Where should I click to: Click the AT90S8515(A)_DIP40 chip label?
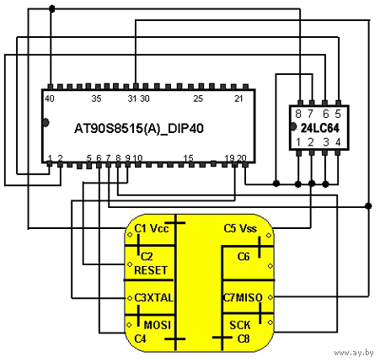coord(139,129)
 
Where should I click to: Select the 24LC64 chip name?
coord(320,128)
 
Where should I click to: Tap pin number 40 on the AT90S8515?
coord(50,98)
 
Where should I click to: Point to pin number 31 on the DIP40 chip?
coord(132,98)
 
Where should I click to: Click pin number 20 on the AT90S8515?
coord(242,158)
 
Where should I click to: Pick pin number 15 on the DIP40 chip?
coord(189,158)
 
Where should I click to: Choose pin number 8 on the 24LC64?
coord(298,114)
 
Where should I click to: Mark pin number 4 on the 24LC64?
coord(338,142)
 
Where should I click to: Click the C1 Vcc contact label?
coord(152,229)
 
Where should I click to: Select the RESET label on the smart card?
coord(151,270)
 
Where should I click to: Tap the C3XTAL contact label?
coord(153,298)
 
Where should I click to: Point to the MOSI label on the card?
coord(158,325)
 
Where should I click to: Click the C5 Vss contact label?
coord(240,228)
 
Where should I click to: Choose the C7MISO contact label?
coord(243,298)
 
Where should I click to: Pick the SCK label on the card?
coord(239,325)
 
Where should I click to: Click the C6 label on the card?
coord(244,257)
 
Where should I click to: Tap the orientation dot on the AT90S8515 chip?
coord(45,122)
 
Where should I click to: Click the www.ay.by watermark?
coord(354,353)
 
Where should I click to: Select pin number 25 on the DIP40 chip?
coord(198,98)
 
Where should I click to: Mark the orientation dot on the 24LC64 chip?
coord(293,127)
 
